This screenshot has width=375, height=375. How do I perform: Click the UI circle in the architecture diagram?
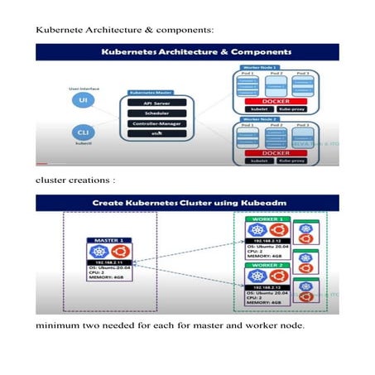pos(84,100)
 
